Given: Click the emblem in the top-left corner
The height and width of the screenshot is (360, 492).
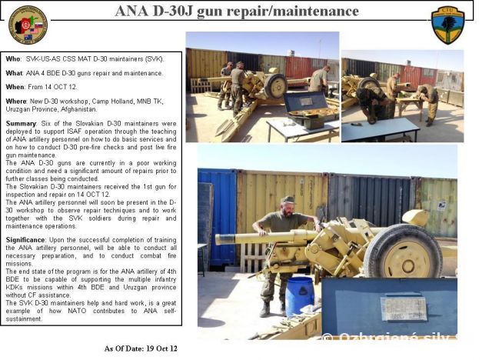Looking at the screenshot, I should click(x=28, y=25).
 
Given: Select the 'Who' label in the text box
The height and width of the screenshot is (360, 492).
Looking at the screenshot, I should click(x=14, y=58).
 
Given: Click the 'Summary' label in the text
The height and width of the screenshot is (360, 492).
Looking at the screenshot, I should click(x=22, y=123).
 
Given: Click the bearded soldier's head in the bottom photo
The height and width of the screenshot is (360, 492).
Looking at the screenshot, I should click(x=288, y=204).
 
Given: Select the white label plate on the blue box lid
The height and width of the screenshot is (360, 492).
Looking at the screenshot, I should click(x=404, y=308).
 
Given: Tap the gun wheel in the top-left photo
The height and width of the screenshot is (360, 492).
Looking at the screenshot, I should click(x=274, y=85).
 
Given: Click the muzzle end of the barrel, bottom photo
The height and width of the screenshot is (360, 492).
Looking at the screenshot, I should click(x=220, y=239).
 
